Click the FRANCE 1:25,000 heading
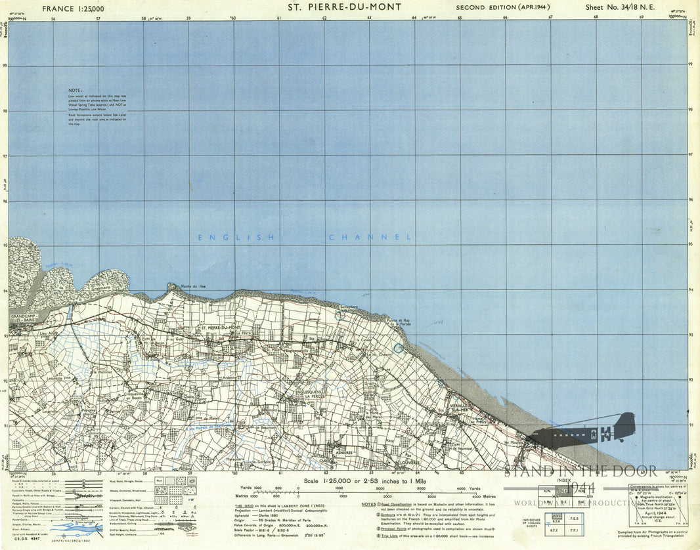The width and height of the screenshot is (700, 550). tap(73, 9)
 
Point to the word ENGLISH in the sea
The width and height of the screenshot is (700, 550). tap(236, 238)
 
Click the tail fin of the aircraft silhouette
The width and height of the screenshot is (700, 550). tap(626, 423)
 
